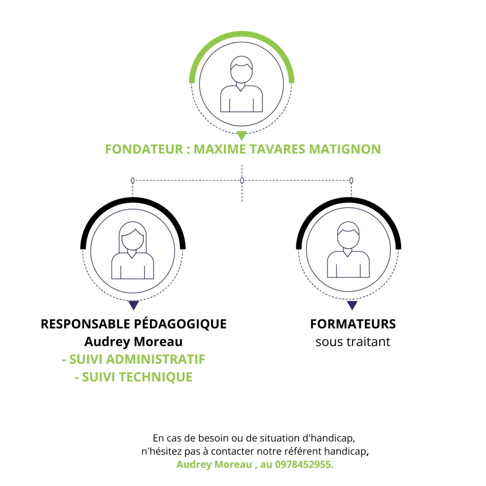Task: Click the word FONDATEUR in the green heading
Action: click(x=144, y=149)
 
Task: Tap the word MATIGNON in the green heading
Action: click(x=345, y=149)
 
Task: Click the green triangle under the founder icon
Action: click(x=242, y=135)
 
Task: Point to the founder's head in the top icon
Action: click(x=242, y=69)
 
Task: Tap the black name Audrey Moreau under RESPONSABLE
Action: click(x=133, y=342)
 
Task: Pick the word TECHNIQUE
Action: click(x=156, y=377)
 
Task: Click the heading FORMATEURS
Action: click(x=353, y=324)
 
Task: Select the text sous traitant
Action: click(x=353, y=342)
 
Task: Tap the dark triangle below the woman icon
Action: click(x=133, y=305)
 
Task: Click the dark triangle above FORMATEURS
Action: click(x=352, y=305)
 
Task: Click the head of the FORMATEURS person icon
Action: click(x=348, y=235)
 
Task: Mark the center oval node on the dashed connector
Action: click(x=242, y=180)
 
